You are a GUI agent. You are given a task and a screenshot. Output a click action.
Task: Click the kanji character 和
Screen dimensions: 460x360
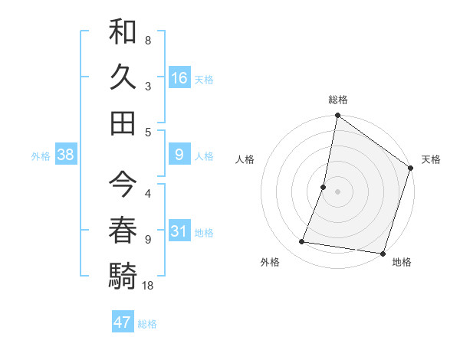click(123, 34)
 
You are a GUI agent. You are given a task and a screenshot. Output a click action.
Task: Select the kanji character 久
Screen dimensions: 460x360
click(123, 77)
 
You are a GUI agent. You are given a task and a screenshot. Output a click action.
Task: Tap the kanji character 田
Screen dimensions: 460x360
click(123, 122)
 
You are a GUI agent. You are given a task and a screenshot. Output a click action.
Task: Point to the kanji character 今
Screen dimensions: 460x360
click(123, 183)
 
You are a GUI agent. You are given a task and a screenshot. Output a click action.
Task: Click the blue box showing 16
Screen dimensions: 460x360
click(179, 78)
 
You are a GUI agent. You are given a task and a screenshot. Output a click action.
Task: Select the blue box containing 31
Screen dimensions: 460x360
click(179, 232)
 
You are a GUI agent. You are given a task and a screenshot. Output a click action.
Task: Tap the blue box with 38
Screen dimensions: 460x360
click(66, 155)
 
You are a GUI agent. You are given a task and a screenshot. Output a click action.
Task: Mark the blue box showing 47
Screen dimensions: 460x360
click(123, 322)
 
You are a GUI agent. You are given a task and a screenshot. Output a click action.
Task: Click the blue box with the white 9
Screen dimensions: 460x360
click(179, 155)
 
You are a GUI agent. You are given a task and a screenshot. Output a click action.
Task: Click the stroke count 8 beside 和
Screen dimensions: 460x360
click(147, 40)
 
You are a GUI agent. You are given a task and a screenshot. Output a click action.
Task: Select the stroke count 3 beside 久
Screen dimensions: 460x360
click(147, 87)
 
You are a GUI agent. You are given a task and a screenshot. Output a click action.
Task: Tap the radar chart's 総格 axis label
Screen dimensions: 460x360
click(338, 100)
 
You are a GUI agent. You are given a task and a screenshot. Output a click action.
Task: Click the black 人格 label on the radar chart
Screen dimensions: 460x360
click(245, 159)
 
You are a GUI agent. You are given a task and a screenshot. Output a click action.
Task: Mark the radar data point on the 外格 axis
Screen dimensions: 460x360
click(302, 242)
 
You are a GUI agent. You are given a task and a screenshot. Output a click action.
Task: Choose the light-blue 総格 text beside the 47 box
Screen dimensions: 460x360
click(147, 324)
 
